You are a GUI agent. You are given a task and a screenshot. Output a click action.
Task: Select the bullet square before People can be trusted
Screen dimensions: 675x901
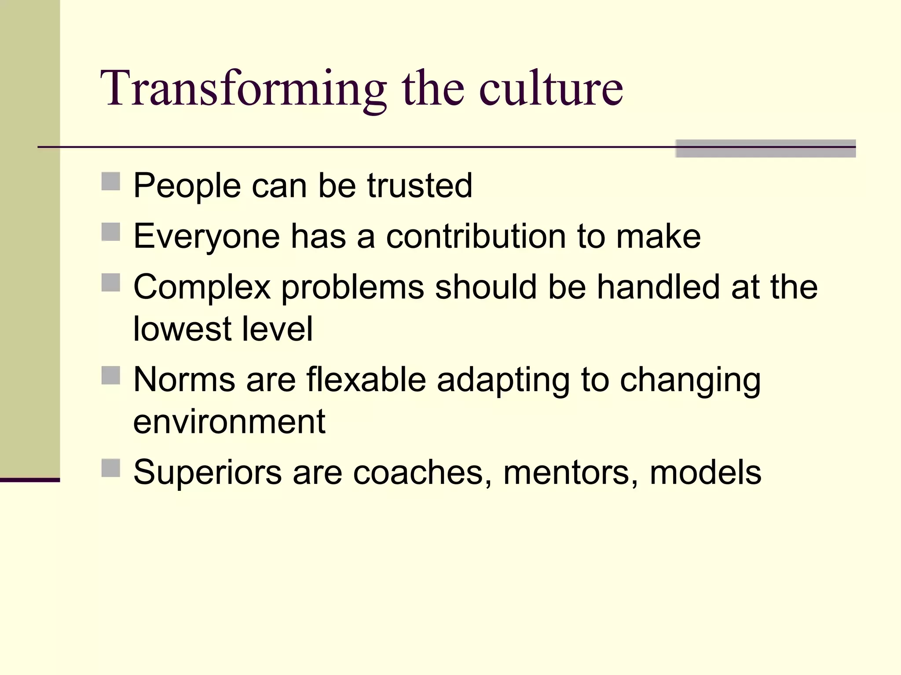pos(110,181)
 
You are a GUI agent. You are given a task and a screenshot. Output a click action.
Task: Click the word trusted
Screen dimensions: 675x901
pos(420,185)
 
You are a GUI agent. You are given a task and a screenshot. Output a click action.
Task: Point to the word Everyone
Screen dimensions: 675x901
pos(206,237)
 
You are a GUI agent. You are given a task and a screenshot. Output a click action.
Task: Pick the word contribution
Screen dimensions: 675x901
pos(476,236)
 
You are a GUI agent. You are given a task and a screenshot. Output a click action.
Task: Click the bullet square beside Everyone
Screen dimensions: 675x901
pos(110,232)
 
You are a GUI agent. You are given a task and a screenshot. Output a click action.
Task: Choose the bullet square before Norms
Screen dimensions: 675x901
pos(110,375)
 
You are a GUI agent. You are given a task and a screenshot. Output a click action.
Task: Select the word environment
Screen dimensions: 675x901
pos(229,421)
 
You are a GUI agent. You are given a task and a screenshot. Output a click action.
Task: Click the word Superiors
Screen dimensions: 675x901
pos(207,473)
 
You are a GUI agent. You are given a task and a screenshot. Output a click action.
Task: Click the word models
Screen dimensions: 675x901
pos(705,473)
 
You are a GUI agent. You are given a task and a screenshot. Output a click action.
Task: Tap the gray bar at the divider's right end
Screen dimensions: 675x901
pos(765,149)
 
